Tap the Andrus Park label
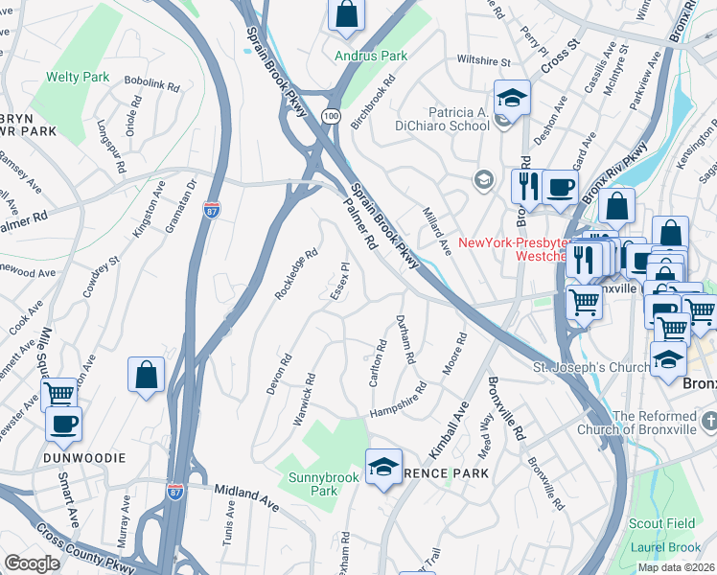[371, 56]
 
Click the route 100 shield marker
[331, 116]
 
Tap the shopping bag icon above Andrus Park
[347, 14]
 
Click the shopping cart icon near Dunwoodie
[59, 393]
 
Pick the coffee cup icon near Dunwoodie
[63, 424]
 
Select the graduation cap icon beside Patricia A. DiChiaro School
[512, 97]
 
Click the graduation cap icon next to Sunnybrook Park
[383, 467]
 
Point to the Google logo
[32, 563]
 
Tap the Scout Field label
[661, 523]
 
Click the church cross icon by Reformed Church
[709, 422]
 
